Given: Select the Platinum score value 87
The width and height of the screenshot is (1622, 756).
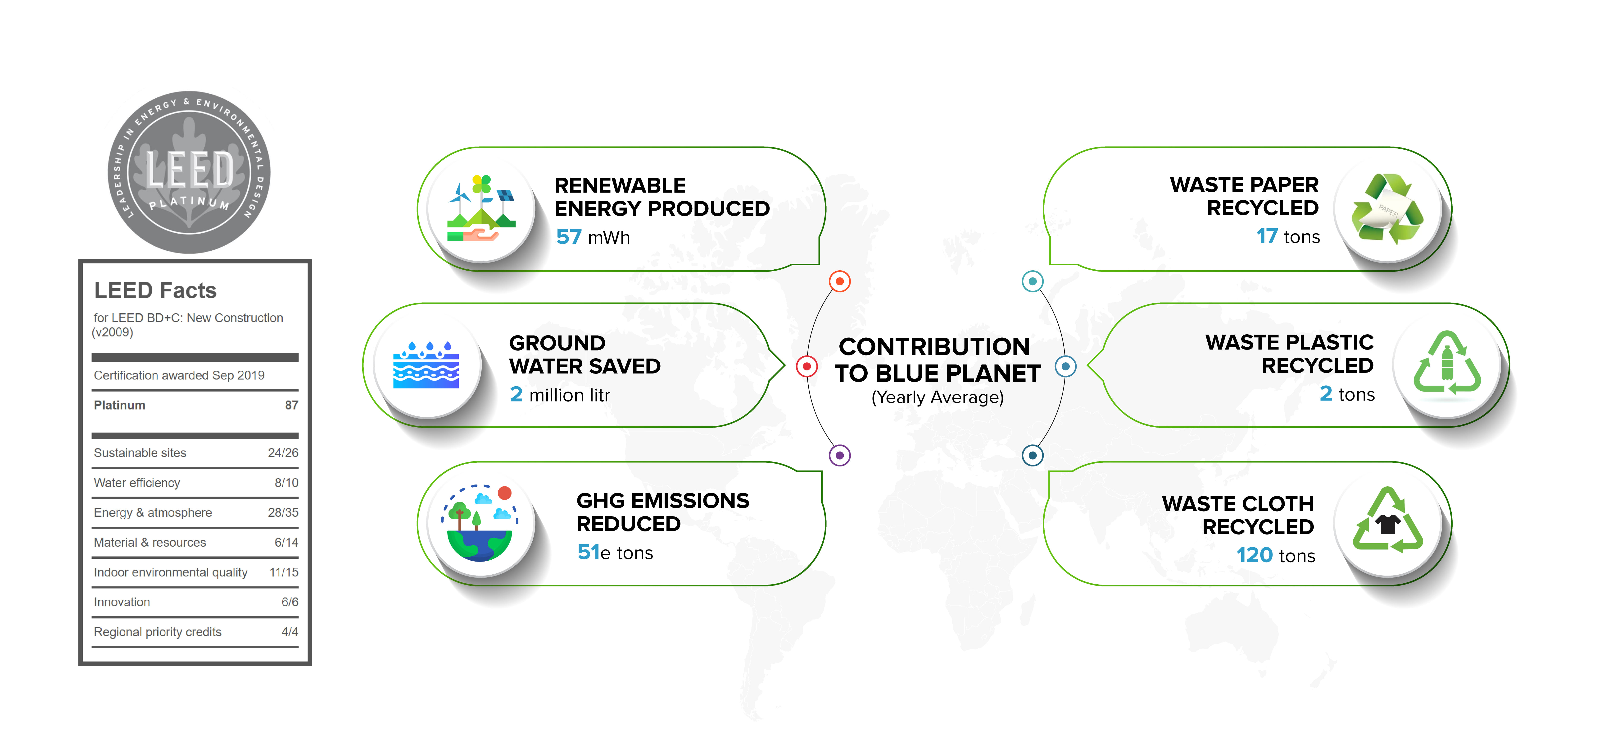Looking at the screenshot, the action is click(291, 405).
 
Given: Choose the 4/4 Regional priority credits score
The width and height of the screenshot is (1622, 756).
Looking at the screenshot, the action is click(290, 632).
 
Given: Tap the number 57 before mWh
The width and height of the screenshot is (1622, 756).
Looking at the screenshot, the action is click(569, 237).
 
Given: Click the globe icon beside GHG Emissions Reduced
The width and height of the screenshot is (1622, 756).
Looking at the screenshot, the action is click(480, 523).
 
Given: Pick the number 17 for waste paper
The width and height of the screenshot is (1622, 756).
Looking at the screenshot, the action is click(1267, 236).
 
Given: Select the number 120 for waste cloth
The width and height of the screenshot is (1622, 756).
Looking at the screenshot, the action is click(1254, 555).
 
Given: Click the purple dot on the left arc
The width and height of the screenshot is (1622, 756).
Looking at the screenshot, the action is click(839, 455).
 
